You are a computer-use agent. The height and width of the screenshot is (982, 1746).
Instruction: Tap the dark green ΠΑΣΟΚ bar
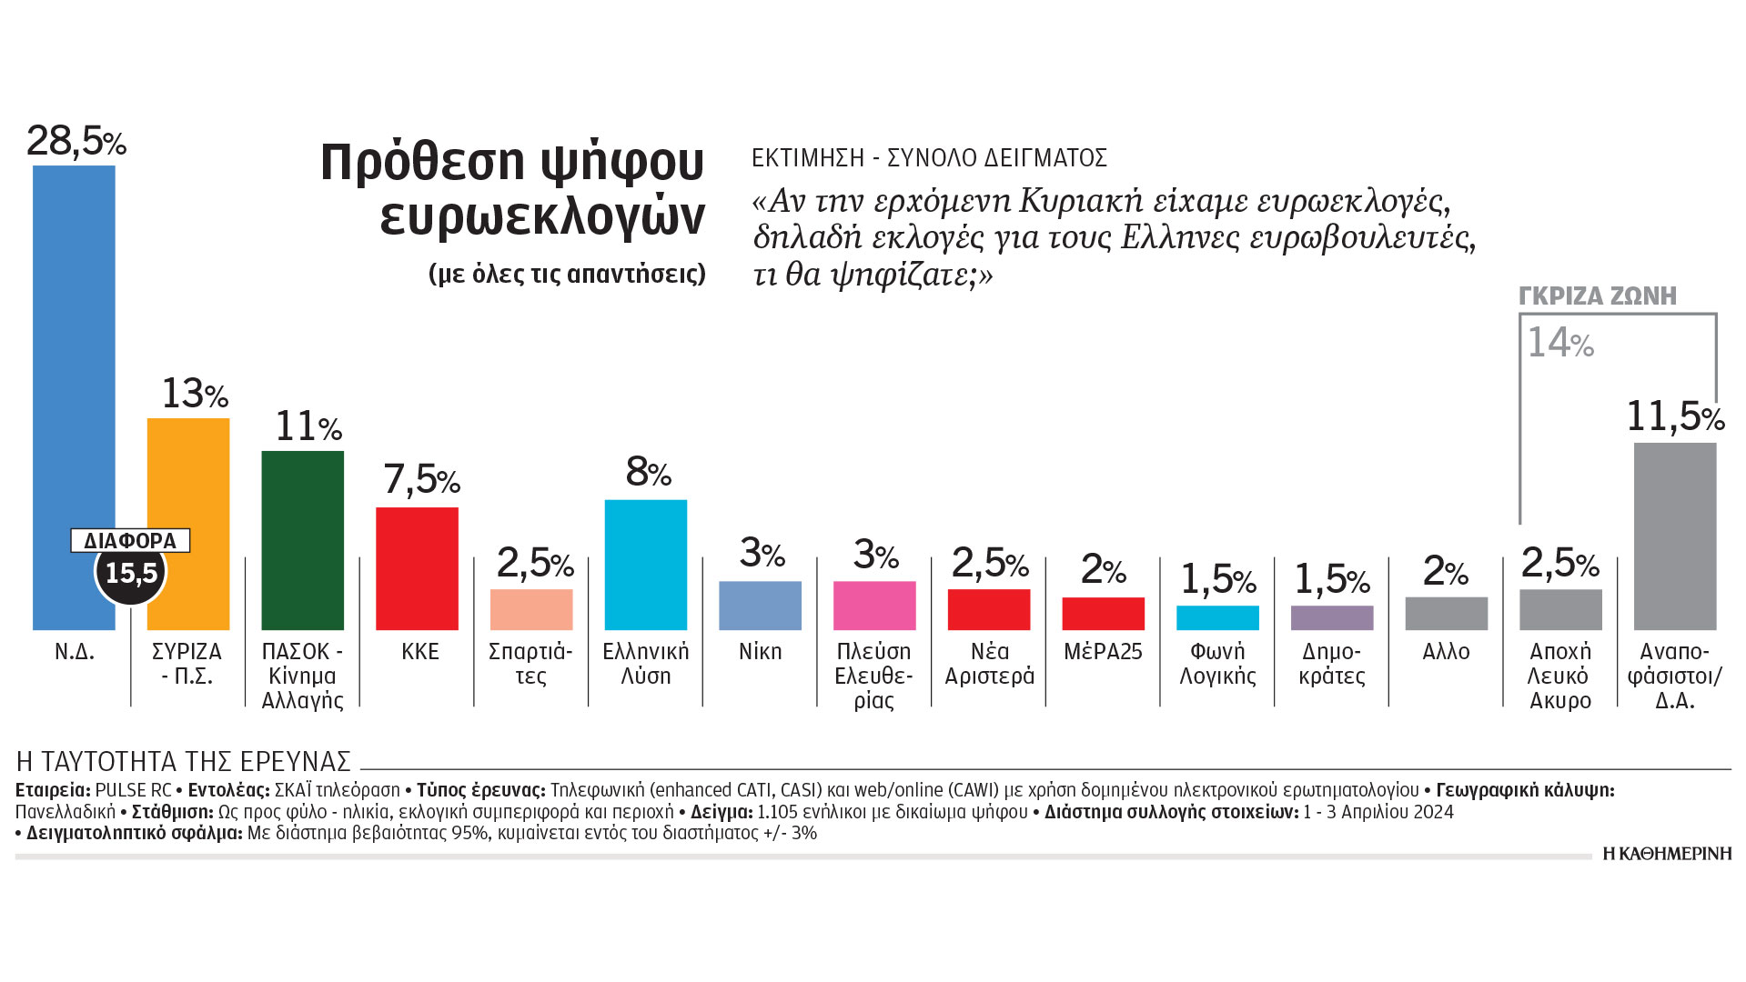tap(302, 540)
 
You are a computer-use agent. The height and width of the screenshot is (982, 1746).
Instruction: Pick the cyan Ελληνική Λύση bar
tap(645, 565)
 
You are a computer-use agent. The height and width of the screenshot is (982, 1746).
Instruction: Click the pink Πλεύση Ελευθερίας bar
tap(874, 606)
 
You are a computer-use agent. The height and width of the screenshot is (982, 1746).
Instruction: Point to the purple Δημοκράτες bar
tap(1331, 617)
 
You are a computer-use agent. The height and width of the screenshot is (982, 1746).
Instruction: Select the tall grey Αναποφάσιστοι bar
tap(1674, 536)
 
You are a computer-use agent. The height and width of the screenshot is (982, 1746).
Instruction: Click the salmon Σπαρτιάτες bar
tap(531, 609)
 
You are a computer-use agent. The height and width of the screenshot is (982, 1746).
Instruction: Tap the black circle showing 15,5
tap(131, 573)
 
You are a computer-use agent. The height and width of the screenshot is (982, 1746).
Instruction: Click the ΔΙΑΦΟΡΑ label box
tap(130, 540)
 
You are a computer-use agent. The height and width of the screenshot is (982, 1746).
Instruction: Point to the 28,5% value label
tap(76, 141)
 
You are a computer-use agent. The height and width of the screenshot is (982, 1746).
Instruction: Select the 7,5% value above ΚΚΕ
tap(420, 479)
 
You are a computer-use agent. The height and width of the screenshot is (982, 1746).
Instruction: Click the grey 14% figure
tap(1559, 343)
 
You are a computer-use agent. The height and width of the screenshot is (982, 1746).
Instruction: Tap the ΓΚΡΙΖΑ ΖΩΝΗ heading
tap(1598, 296)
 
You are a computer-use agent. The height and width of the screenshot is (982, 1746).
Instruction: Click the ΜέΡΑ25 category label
tap(1103, 652)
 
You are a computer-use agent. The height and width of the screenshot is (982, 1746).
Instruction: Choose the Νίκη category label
tap(760, 652)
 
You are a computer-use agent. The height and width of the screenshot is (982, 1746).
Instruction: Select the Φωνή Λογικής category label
tap(1217, 664)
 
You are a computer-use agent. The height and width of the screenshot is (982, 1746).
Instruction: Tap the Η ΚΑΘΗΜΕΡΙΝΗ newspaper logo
tap(1667, 853)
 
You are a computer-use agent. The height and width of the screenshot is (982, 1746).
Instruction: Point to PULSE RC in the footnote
tap(133, 790)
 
